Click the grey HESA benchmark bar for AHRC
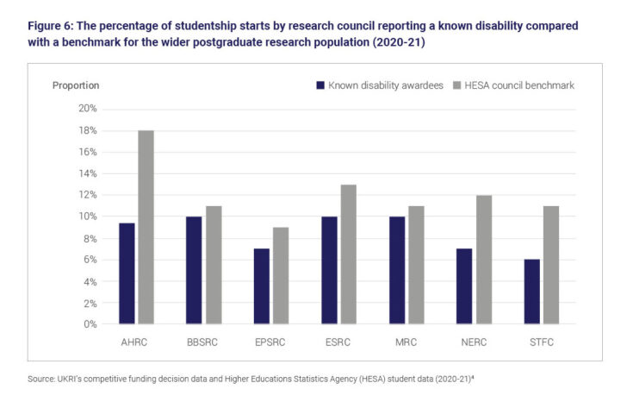point(146,228)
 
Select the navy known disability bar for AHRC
point(127,273)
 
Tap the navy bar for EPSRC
point(261,286)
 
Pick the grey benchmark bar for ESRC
point(348,254)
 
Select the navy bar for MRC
point(396,270)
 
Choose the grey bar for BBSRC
point(214,265)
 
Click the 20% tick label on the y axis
point(88,109)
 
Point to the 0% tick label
point(90,324)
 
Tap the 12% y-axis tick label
point(88,195)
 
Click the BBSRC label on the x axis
point(204,342)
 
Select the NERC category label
point(473,342)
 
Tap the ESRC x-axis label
point(338,342)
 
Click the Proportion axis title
point(76,85)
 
